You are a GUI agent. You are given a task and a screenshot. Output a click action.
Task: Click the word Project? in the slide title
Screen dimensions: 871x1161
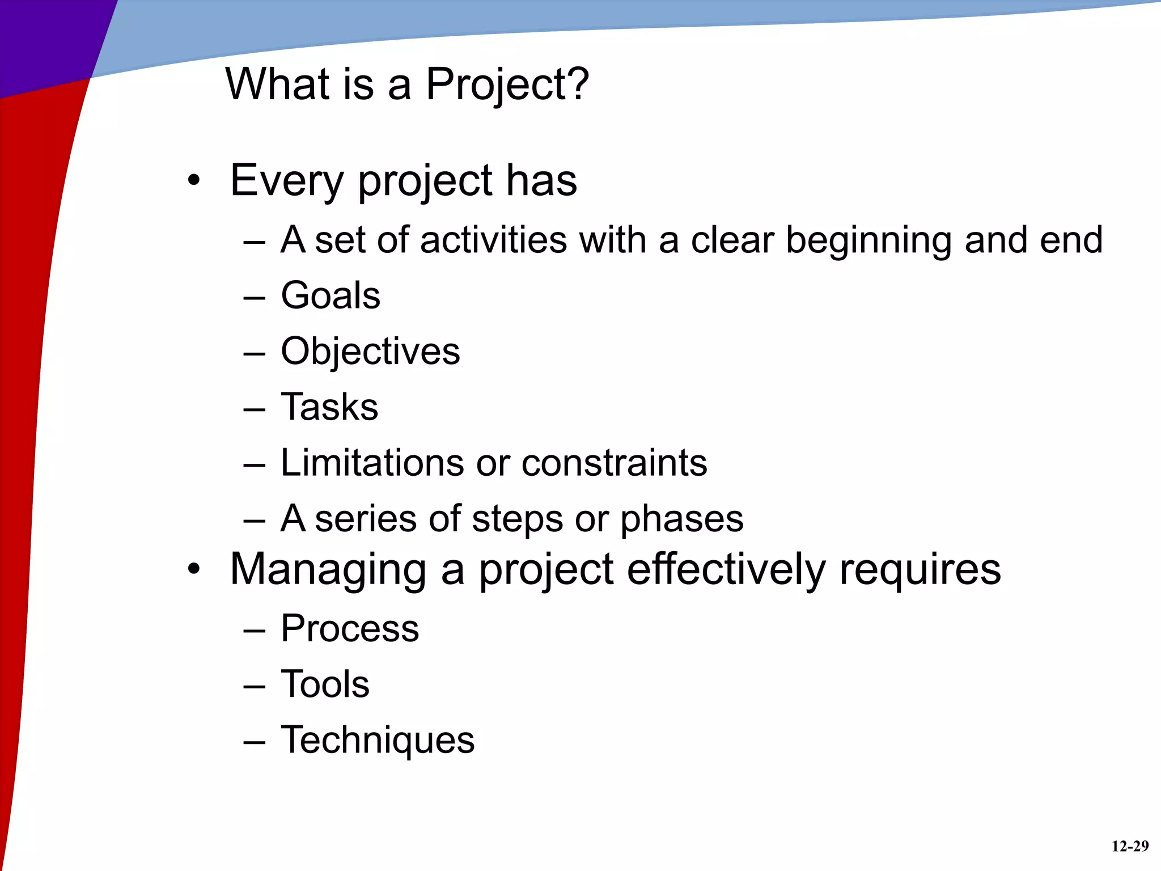click(x=507, y=85)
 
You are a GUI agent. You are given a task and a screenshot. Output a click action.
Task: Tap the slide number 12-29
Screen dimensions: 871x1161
click(x=1130, y=847)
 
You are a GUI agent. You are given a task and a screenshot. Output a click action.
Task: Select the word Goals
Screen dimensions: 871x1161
click(x=330, y=295)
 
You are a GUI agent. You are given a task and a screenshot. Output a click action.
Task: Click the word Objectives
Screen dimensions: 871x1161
click(x=370, y=352)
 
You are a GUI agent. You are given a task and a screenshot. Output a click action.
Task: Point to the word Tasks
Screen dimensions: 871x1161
click(x=329, y=407)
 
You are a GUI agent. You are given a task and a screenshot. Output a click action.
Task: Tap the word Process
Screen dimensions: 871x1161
click(x=350, y=628)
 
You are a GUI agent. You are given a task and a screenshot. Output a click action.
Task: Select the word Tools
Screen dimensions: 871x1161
click(x=325, y=684)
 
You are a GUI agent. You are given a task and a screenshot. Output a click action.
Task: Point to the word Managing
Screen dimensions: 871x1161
click(x=328, y=570)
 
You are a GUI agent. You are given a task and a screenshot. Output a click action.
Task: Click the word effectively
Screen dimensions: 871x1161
click(x=727, y=569)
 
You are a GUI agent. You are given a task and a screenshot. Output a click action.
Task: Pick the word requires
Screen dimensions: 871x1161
click(x=920, y=570)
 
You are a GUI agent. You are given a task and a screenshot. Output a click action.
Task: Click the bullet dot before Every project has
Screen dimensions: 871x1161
click(x=194, y=181)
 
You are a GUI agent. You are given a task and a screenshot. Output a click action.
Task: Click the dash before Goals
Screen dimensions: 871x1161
click(x=254, y=297)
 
